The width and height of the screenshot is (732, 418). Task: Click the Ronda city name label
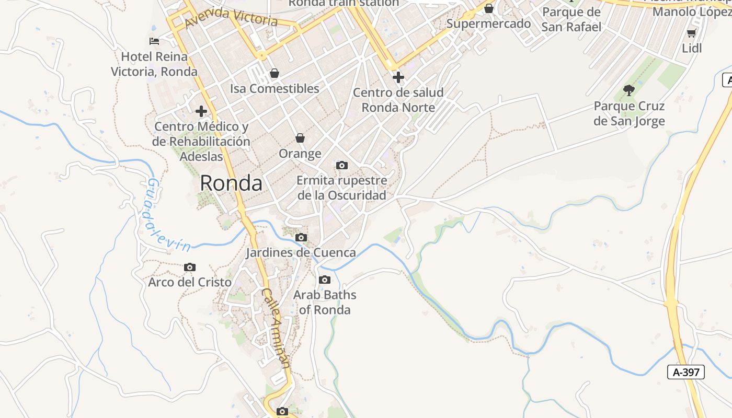(231, 183)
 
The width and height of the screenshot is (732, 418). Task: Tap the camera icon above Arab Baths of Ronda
(325, 280)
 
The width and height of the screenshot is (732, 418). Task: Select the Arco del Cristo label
(190, 282)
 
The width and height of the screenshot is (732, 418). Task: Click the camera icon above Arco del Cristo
(190, 267)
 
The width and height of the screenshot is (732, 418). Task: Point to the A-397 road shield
(686, 372)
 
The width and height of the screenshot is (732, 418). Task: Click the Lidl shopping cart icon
(692, 33)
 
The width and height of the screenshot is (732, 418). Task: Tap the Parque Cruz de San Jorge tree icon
(629, 90)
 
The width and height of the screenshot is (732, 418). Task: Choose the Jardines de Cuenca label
(301, 253)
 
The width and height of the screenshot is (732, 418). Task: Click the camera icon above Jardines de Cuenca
(301, 237)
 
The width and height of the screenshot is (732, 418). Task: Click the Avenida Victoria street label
(231, 17)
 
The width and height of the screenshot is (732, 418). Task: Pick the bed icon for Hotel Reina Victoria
(154, 41)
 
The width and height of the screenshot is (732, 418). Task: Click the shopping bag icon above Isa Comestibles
(274, 73)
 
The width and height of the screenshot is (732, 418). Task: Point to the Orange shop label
(300, 154)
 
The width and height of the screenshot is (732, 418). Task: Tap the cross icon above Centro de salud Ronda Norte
(398, 77)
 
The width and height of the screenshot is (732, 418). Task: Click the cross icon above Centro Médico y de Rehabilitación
(201, 111)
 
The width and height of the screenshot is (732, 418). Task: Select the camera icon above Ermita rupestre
(341, 166)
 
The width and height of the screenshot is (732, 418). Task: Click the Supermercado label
(488, 24)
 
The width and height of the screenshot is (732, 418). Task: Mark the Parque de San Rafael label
(571, 19)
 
